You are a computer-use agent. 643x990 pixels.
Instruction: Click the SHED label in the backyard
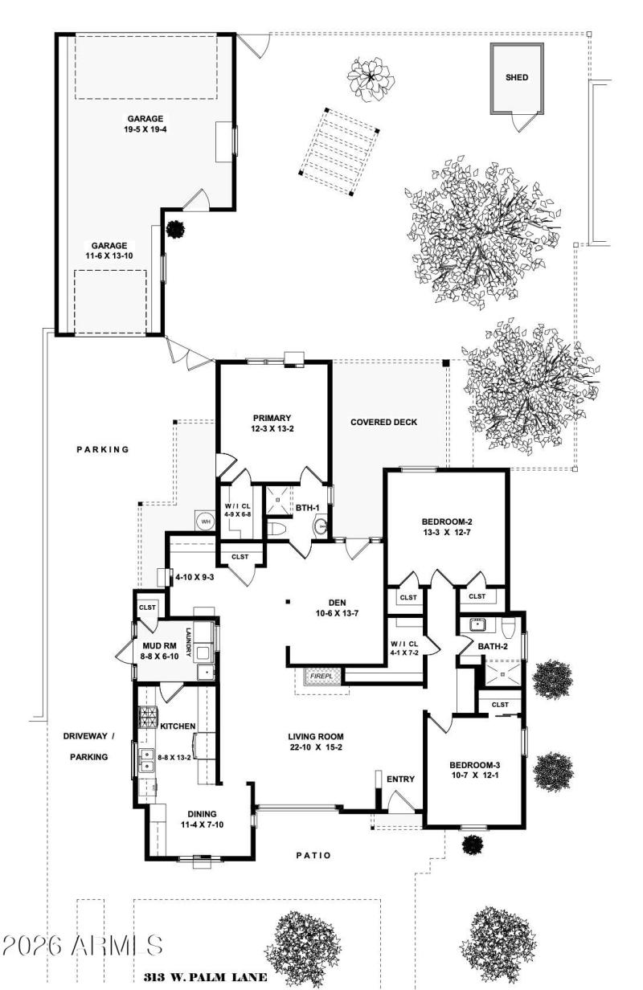coord(517,78)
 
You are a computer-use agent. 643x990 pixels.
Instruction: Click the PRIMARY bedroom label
coord(272,418)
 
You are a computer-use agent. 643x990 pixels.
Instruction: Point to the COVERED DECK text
coord(384,422)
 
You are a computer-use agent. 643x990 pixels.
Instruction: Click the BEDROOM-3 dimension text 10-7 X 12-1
coord(474,776)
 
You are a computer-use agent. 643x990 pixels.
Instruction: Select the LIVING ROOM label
coord(316,736)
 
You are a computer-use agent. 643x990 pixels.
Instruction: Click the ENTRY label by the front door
coord(400,779)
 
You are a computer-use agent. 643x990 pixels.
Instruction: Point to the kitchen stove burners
coord(149,714)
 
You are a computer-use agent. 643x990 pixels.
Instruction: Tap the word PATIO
coord(314,855)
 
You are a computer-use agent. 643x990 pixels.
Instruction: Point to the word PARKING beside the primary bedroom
coord(103,449)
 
